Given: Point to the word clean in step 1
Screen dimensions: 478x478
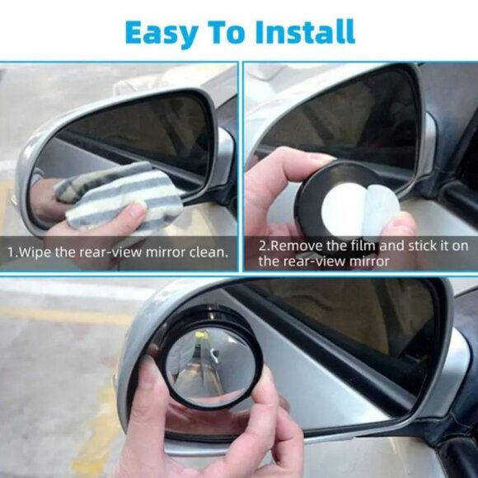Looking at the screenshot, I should click(204, 251).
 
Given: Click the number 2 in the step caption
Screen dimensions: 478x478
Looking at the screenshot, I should click(261, 246).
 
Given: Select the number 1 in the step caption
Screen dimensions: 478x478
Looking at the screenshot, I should click(11, 251).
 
